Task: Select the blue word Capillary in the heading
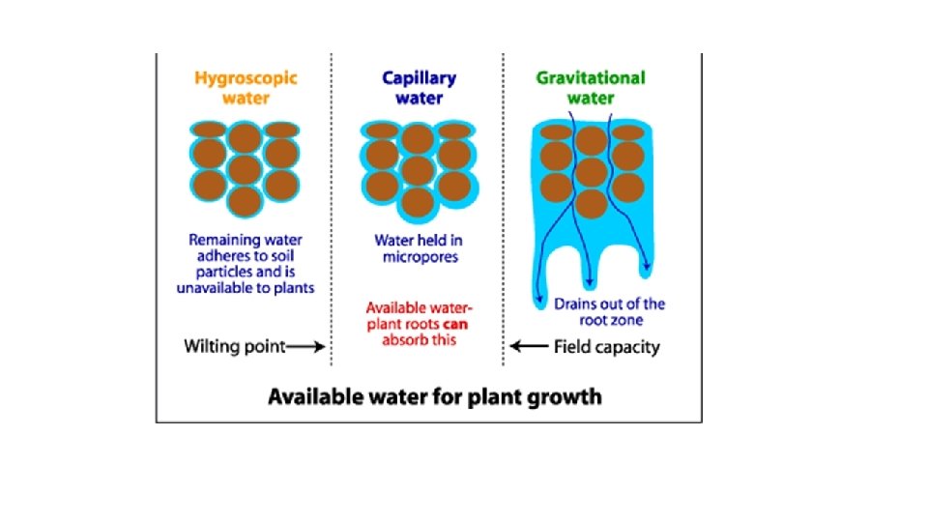[x=419, y=77]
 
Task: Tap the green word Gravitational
[x=591, y=76]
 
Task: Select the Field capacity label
[x=607, y=347]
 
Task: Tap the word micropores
[x=418, y=258]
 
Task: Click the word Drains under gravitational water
[x=577, y=304]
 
